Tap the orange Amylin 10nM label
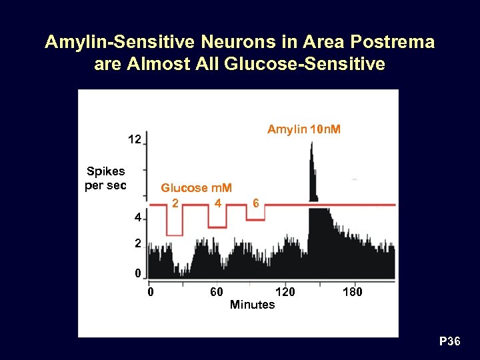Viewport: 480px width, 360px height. pyautogui.click(x=303, y=129)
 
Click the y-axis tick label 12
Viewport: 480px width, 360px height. pyautogui.click(x=134, y=140)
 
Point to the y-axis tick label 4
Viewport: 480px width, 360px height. pyautogui.click(x=136, y=218)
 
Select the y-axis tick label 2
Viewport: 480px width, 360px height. pyautogui.click(x=136, y=244)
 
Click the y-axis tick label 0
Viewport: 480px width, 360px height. pyautogui.click(x=137, y=273)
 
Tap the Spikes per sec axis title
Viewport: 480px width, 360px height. pyautogui.click(x=105, y=178)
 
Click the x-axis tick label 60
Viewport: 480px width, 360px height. pyautogui.click(x=216, y=292)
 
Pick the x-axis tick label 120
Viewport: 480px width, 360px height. pyautogui.click(x=285, y=292)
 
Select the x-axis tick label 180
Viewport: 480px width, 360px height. pyautogui.click(x=352, y=292)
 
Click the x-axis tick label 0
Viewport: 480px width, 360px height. pyautogui.click(x=151, y=292)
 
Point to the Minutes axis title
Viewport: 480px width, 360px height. pyautogui.click(x=251, y=305)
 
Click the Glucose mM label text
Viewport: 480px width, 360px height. pyautogui.click(x=201, y=188)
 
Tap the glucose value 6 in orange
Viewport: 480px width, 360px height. pyautogui.click(x=256, y=203)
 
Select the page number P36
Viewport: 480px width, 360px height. pyautogui.click(x=449, y=342)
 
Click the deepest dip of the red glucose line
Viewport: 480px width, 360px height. pyautogui.click(x=175, y=235)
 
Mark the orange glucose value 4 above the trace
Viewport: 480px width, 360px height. pyautogui.click(x=218, y=203)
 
